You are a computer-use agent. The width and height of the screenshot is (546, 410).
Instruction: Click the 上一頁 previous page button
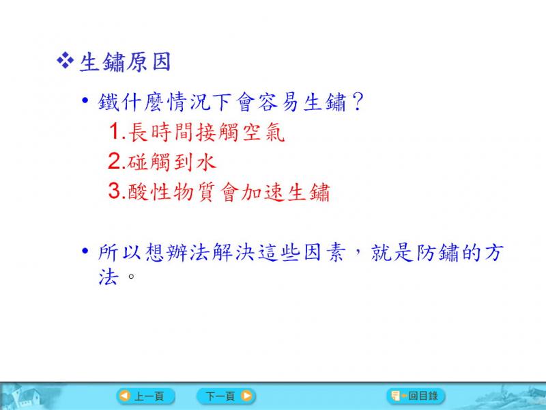145,396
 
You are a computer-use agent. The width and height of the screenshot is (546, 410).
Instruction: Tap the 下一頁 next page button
226,396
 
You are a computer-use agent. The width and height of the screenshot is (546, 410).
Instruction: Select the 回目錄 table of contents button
416,396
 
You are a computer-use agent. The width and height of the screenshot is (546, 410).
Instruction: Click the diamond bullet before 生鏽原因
65,61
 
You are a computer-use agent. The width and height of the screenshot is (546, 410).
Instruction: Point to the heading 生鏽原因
126,62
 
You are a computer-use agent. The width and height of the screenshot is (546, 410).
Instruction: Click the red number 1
115,132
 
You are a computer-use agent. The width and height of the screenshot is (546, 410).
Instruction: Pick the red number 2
115,161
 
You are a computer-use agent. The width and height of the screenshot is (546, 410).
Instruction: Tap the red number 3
115,191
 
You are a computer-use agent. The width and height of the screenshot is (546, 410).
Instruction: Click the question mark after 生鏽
357,102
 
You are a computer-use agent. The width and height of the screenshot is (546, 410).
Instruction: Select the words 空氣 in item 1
263,133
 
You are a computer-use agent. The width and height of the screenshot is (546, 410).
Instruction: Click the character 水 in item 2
206,162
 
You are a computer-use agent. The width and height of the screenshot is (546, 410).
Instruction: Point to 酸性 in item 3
149,191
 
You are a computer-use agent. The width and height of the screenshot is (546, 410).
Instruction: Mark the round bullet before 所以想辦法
85,251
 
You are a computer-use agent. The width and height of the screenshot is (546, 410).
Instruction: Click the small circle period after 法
131,277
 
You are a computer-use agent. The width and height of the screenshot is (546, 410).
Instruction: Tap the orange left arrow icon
125,396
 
